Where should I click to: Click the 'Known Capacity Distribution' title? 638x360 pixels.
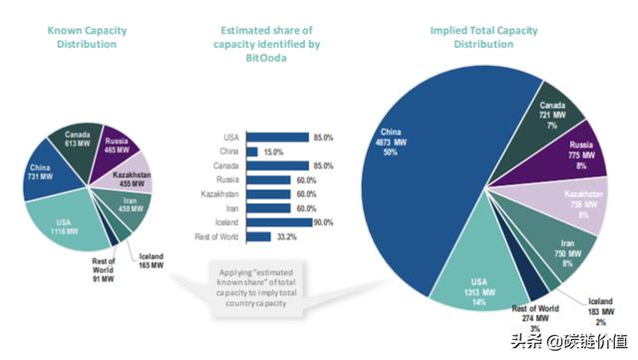click(x=88, y=37)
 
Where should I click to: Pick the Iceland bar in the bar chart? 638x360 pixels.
click(x=280, y=221)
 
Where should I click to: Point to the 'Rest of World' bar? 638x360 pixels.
click(x=258, y=236)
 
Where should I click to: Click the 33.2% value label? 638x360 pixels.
click(x=288, y=236)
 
